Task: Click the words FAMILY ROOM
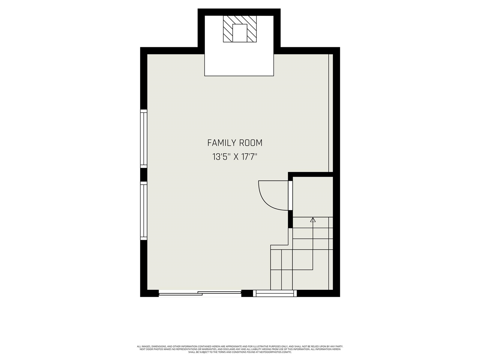(235, 143)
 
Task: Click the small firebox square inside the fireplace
(240, 33)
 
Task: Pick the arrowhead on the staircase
(313, 220)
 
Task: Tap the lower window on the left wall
(144, 210)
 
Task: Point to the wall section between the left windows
(144, 174)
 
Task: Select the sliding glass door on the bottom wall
(200, 294)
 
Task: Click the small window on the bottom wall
(274, 294)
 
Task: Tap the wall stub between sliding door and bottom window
(247, 294)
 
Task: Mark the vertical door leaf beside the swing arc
(290, 195)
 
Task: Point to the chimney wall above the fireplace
(239, 12)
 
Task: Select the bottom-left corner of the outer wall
(144, 293)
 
